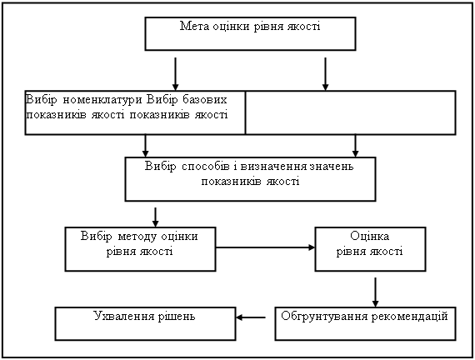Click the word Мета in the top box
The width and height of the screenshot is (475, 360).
(194, 26)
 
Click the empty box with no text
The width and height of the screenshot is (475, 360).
(351, 112)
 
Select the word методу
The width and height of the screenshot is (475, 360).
(137, 237)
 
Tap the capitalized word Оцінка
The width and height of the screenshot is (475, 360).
(369, 236)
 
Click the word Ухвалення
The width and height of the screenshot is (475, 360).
(124, 316)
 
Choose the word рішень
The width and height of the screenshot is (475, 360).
(177, 317)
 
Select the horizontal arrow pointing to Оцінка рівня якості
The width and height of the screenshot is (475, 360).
(265, 247)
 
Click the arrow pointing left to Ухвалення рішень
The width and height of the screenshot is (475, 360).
(251, 317)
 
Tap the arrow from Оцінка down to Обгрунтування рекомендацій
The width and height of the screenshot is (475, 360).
(375, 292)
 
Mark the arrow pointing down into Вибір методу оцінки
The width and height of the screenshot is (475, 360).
(155, 217)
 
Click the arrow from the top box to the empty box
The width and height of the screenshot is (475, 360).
(325, 74)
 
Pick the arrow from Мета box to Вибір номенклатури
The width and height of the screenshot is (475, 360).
(175, 74)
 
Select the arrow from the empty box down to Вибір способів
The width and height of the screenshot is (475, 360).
(355, 146)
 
